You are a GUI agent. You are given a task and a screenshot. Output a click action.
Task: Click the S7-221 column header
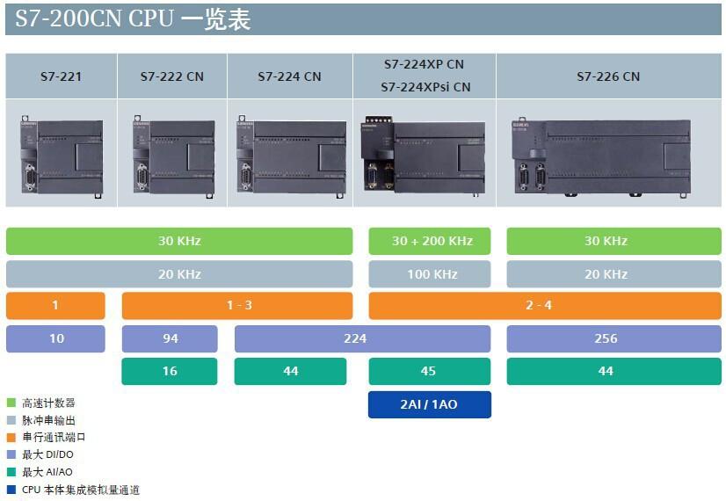(x=61, y=76)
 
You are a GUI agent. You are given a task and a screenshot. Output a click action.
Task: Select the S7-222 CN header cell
(x=171, y=76)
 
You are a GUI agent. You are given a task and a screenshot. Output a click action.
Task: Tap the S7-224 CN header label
(x=289, y=76)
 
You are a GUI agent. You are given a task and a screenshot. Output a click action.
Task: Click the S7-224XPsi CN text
(x=425, y=87)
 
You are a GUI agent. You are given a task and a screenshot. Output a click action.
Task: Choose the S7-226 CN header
(x=608, y=76)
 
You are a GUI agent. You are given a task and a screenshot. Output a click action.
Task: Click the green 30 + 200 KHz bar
(x=430, y=241)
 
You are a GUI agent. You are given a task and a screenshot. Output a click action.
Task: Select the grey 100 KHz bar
(x=430, y=274)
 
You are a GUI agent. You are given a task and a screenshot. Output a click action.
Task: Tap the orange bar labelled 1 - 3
(x=237, y=306)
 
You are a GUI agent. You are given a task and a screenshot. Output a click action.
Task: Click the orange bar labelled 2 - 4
(x=545, y=306)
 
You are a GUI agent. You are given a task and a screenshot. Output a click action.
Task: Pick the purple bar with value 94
(x=170, y=338)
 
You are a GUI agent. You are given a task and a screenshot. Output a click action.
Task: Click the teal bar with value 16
(x=170, y=371)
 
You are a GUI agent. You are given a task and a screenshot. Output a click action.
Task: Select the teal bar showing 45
(x=429, y=371)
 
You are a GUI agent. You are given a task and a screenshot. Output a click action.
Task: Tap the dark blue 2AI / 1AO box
(x=429, y=404)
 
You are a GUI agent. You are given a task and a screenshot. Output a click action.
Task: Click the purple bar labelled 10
(x=55, y=338)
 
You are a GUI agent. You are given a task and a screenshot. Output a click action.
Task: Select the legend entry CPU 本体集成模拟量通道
(x=80, y=490)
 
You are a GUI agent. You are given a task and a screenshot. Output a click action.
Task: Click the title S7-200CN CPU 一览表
(x=133, y=19)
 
